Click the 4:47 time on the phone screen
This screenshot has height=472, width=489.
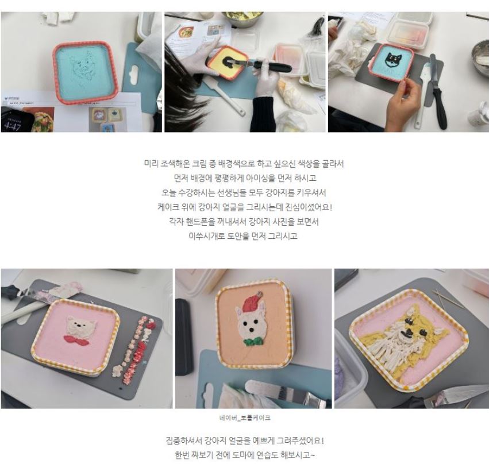click(13, 126)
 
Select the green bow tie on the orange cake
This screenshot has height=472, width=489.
click(253, 342)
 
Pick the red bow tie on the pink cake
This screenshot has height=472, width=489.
click(76, 339)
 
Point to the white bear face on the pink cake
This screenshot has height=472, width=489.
click(81, 327)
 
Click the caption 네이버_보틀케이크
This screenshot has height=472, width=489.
click(245, 418)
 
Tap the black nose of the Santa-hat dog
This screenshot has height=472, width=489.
click(251, 330)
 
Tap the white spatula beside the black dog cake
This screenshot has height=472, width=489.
click(421, 96)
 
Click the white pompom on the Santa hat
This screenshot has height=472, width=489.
click(259, 293)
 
